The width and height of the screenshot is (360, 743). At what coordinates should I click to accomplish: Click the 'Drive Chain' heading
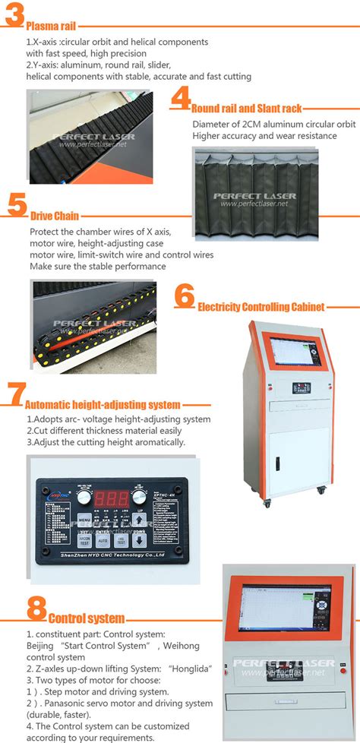point(54,216)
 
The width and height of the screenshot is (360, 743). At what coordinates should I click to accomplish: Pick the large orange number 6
point(185,297)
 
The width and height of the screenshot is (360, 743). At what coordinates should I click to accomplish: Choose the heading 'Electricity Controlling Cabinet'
point(261,307)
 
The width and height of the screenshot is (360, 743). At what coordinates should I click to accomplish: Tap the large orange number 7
point(15,396)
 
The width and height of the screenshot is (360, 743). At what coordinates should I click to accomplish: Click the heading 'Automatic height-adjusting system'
point(103,405)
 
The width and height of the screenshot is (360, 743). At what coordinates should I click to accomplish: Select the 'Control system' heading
point(85,618)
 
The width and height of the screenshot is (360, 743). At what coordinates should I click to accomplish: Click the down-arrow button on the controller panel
point(139,541)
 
